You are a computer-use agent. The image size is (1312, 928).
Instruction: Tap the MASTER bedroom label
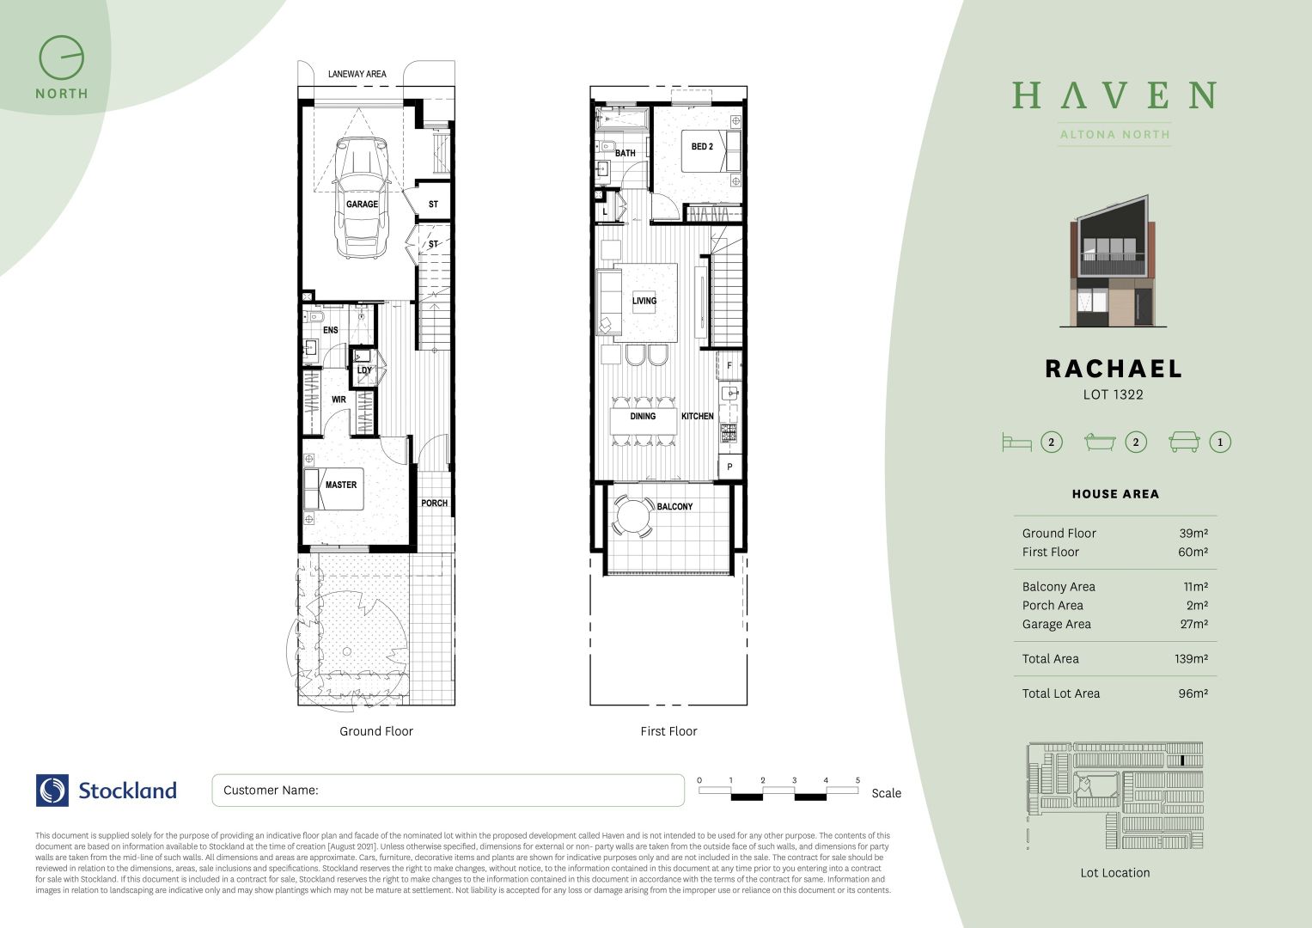[x=340, y=485]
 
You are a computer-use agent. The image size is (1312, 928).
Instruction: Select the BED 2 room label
[x=702, y=147]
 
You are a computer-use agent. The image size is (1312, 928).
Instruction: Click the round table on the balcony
[x=634, y=518]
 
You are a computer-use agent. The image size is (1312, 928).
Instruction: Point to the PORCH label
[x=434, y=504]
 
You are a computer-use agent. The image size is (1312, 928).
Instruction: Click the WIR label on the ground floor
[x=339, y=400]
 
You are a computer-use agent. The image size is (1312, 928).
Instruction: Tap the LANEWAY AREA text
[x=357, y=74]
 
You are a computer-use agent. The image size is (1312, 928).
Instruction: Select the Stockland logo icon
[x=52, y=791]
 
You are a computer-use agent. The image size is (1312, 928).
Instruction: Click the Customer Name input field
[x=448, y=791]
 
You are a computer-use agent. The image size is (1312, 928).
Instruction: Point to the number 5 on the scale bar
[x=857, y=780]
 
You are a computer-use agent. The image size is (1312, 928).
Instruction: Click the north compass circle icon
[x=62, y=58]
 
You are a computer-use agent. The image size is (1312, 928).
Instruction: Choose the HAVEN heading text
[x=1114, y=95]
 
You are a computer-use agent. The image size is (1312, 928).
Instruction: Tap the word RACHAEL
[x=1114, y=369]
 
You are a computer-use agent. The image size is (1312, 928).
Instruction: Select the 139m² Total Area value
[x=1192, y=659]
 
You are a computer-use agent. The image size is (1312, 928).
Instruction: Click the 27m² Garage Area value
[x=1193, y=625]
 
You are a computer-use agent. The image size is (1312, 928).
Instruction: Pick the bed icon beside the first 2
[x=1016, y=443]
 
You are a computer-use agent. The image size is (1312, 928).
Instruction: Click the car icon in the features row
[x=1184, y=443]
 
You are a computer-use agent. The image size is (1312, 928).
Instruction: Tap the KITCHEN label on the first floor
[x=697, y=416]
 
